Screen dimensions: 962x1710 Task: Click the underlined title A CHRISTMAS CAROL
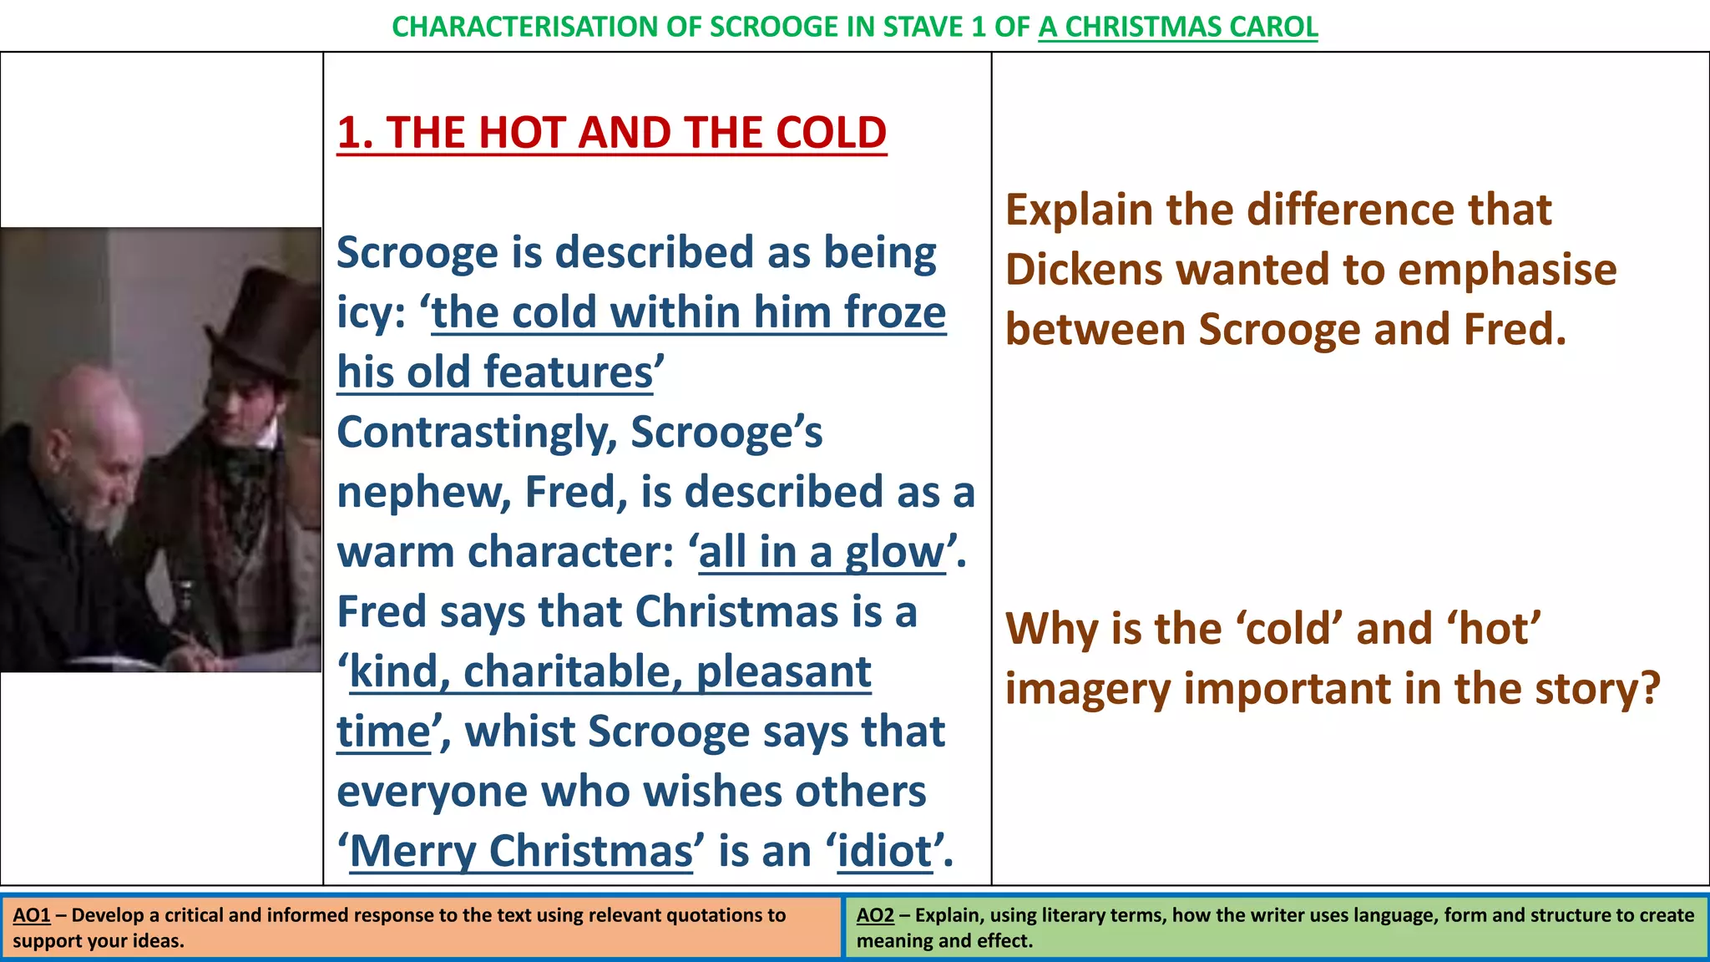(x=1177, y=27)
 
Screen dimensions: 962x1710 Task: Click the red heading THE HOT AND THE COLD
(x=611, y=133)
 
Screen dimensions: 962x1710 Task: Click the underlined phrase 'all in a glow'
(x=822, y=552)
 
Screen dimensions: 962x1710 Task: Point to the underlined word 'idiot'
(x=884, y=851)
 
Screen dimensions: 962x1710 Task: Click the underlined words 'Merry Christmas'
(x=521, y=851)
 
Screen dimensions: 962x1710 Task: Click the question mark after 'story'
(x=1650, y=689)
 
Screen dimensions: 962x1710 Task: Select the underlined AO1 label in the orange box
(x=32, y=915)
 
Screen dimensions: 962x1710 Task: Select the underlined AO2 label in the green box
(x=875, y=915)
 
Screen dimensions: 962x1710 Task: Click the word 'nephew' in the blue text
(x=422, y=492)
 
